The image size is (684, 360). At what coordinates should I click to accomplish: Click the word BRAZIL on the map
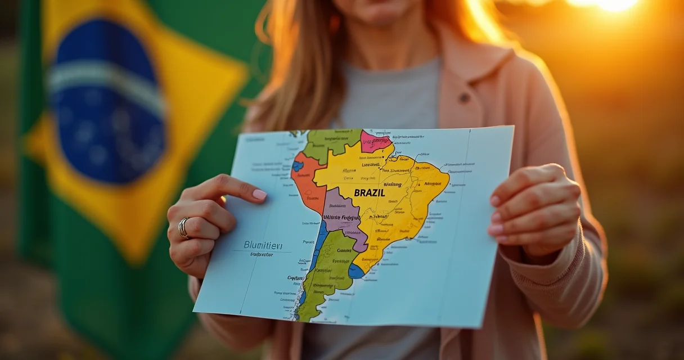370,192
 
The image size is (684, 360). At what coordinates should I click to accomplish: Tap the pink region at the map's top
375,141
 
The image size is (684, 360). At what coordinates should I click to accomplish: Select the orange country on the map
307,180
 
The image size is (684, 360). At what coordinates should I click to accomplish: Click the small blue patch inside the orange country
298,166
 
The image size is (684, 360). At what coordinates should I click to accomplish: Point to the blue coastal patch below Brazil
355,272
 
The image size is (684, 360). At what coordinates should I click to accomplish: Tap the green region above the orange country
329,143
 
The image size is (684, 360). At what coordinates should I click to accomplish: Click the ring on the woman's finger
184,227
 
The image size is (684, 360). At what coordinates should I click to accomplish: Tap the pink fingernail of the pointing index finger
259,195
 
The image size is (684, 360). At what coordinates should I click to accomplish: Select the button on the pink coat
464,97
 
